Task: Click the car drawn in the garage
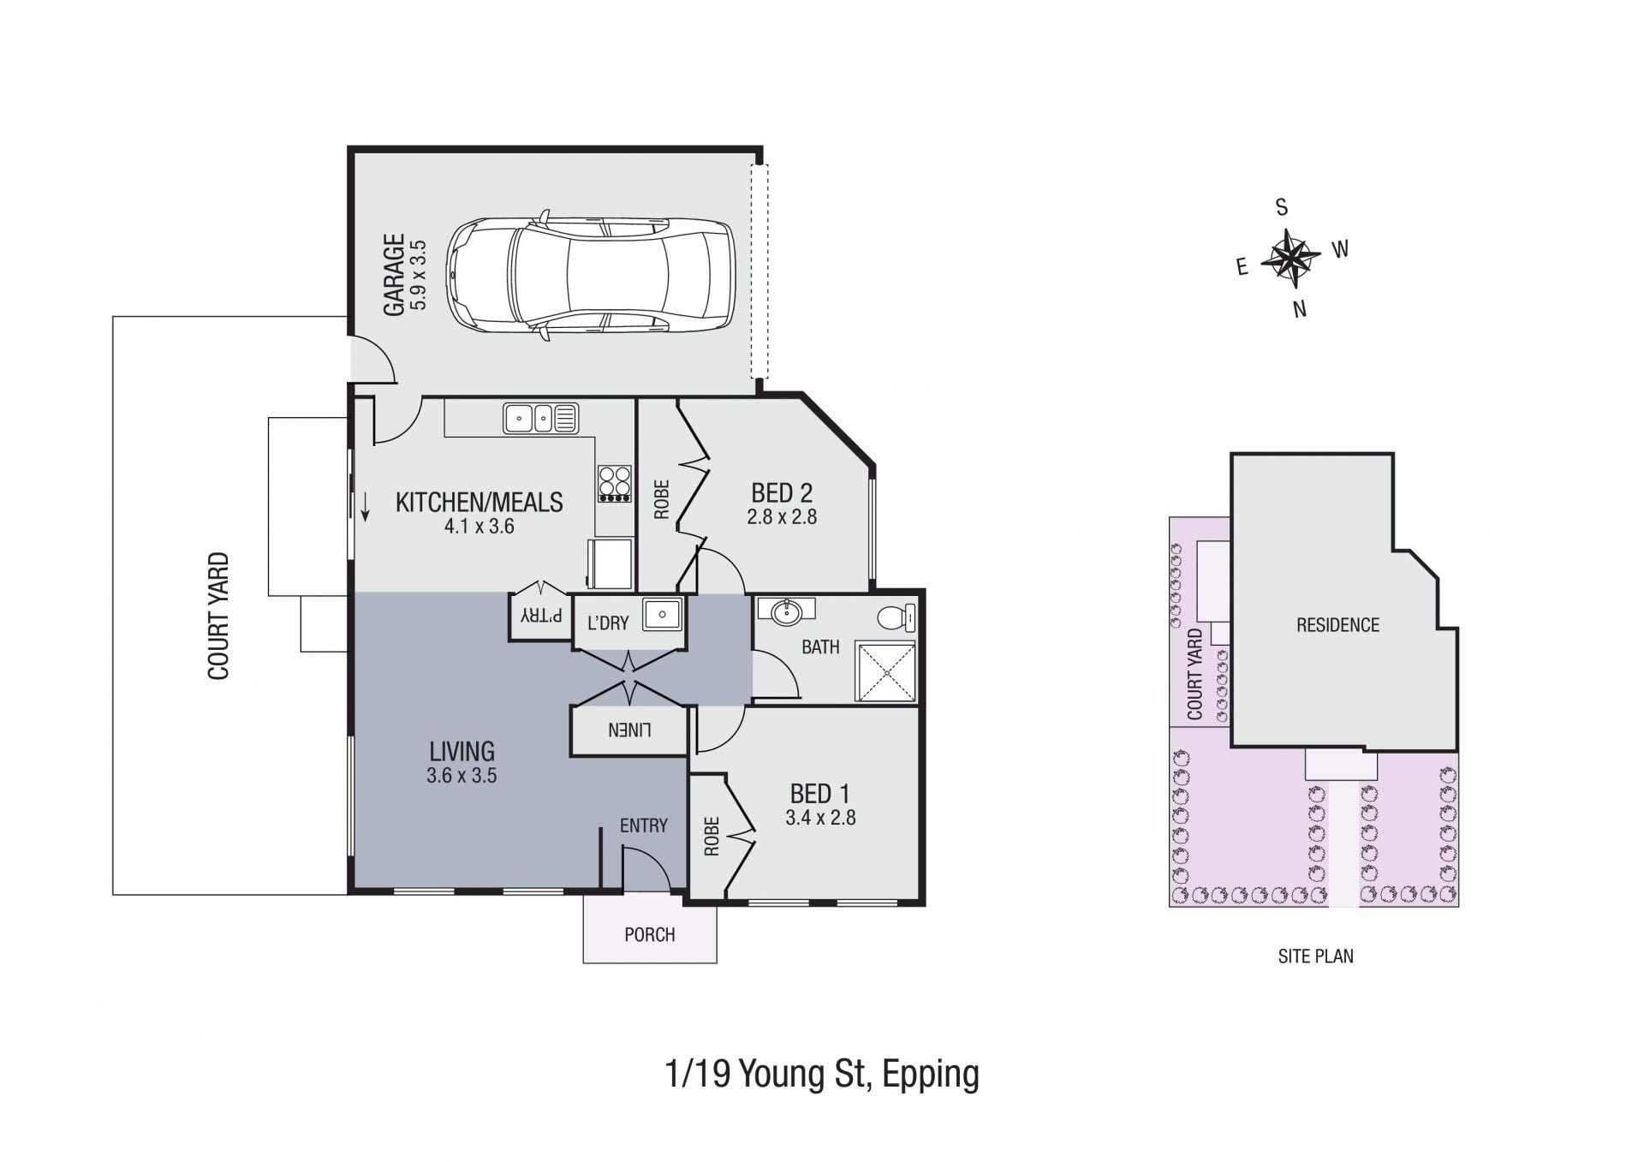[x=591, y=275]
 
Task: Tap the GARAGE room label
[x=394, y=275]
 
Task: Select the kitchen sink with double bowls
[x=540, y=419]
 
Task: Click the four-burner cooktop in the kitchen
[x=615, y=484]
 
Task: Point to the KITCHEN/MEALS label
[x=479, y=502]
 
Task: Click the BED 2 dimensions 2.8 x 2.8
[x=782, y=517]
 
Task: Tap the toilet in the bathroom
[x=896, y=617]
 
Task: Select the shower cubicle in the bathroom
[x=886, y=672]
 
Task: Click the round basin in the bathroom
[x=787, y=611]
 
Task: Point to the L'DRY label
[x=608, y=623]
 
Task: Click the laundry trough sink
[x=662, y=614]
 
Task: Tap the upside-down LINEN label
[x=630, y=730]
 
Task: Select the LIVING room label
[x=462, y=752]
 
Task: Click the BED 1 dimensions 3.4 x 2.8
[x=820, y=818]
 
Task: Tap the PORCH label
[x=650, y=934]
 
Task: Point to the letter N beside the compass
[x=1300, y=309]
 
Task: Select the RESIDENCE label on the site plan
[x=1337, y=625]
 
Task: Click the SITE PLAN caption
[x=1316, y=956]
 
